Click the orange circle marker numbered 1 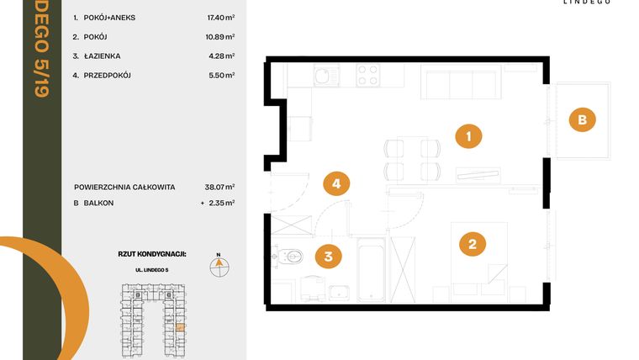pos(467,135)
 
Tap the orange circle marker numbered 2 pos(472,244)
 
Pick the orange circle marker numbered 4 pos(336,183)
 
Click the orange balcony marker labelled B pos(580,120)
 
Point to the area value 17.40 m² pos(220,17)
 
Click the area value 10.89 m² pos(220,36)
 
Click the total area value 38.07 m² pos(220,187)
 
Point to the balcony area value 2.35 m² pos(220,203)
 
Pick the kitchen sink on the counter pos(324,78)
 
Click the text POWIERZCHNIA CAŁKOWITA pos(125,187)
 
